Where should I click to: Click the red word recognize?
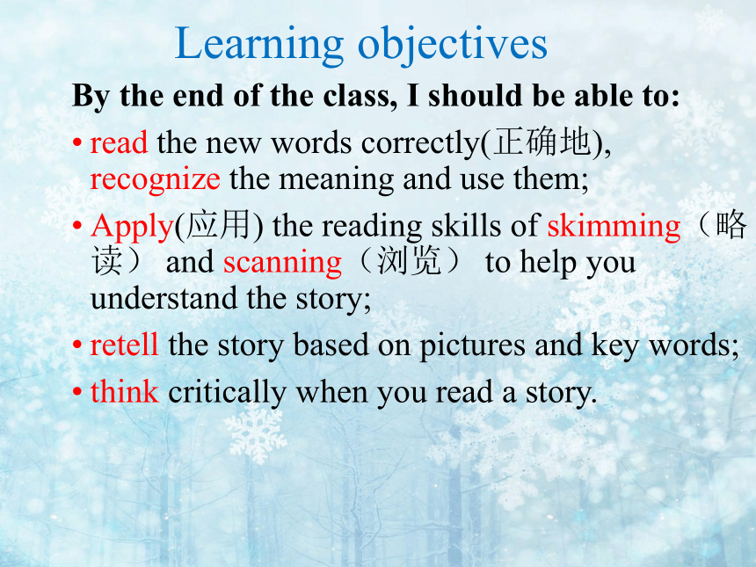pyautogui.click(x=156, y=180)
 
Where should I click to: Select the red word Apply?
pyautogui.click(x=132, y=227)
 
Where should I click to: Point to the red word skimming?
pyautogui.click(x=614, y=227)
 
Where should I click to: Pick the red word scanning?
pyautogui.click(x=282, y=263)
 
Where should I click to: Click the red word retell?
pyautogui.click(x=125, y=345)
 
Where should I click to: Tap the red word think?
pyautogui.click(x=125, y=391)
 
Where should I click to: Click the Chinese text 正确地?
pyautogui.click(x=542, y=142)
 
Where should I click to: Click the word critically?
pyautogui.click(x=227, y=392)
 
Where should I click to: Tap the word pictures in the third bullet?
pyautogui.click(x=473, y=346)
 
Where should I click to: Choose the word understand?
pyautogui.click(x=164, y=299)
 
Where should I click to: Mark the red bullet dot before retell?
pyautogui.click(x=77, y=345)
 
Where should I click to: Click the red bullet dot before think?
pyautogui.click(x=77, y=391)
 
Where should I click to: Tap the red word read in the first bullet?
pyautogui.click(x=119, y=143)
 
